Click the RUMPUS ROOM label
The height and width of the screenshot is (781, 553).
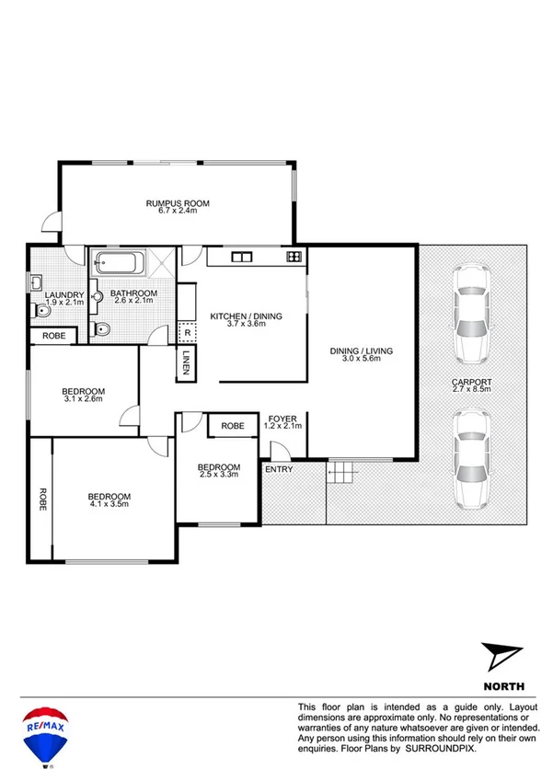176,202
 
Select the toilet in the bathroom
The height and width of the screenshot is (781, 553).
103,328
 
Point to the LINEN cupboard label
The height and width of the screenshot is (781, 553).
186,362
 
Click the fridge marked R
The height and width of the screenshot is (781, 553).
187,334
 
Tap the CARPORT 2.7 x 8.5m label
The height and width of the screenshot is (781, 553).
471,385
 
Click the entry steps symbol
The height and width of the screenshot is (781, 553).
341,475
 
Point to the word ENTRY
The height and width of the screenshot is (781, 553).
278,470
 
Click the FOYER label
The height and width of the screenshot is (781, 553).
282,419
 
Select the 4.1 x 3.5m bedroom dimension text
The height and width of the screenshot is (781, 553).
109,503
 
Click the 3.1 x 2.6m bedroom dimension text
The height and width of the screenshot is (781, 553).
83,398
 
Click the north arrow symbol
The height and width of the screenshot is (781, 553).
502,657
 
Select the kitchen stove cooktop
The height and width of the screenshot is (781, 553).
294,257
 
